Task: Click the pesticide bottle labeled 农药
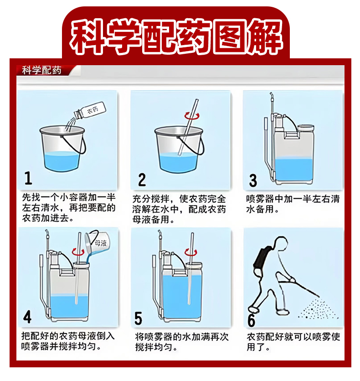pos(90,111)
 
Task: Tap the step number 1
pos(28,178)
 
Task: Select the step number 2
pos(142,180)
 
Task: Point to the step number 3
pos(253,180)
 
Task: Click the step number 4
pos(27,317)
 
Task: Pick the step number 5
pos(138,318)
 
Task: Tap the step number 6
pos(251,320)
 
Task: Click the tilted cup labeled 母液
pos(97,243)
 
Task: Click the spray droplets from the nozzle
pos(318,309)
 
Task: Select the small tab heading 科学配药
pos(41,70)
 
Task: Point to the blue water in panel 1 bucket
pos(62,161)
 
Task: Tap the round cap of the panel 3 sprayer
pos(306,128)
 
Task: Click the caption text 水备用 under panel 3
pos(260,209)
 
